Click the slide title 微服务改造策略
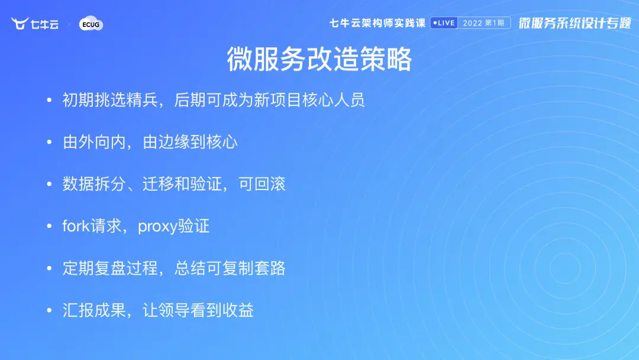[x=319, y=59]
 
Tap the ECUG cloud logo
[x=91, y=24]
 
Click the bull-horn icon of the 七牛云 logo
[x=19, y=23]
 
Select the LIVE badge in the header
[x=444, y=23]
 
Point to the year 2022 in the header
[x=472, y=23]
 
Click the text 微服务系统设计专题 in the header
[x=575, y=23]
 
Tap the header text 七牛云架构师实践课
[x=377, y=23]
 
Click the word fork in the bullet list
[x=76, y=226]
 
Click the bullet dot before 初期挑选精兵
[x=49, y=100]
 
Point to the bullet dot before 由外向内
[x=49, y=142]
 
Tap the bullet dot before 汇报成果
[x=49, y=310]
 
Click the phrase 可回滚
[x=262, y=184]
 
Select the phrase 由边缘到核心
[x=191, y=142]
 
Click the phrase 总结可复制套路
[x=230, y=268]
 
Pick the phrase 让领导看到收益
[x=198, y=310]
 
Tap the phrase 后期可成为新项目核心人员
[x=269, y=100]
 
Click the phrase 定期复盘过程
[x=110, y=268]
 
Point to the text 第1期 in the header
[x=495, y=23]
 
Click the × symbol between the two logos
[x=69, y=24]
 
